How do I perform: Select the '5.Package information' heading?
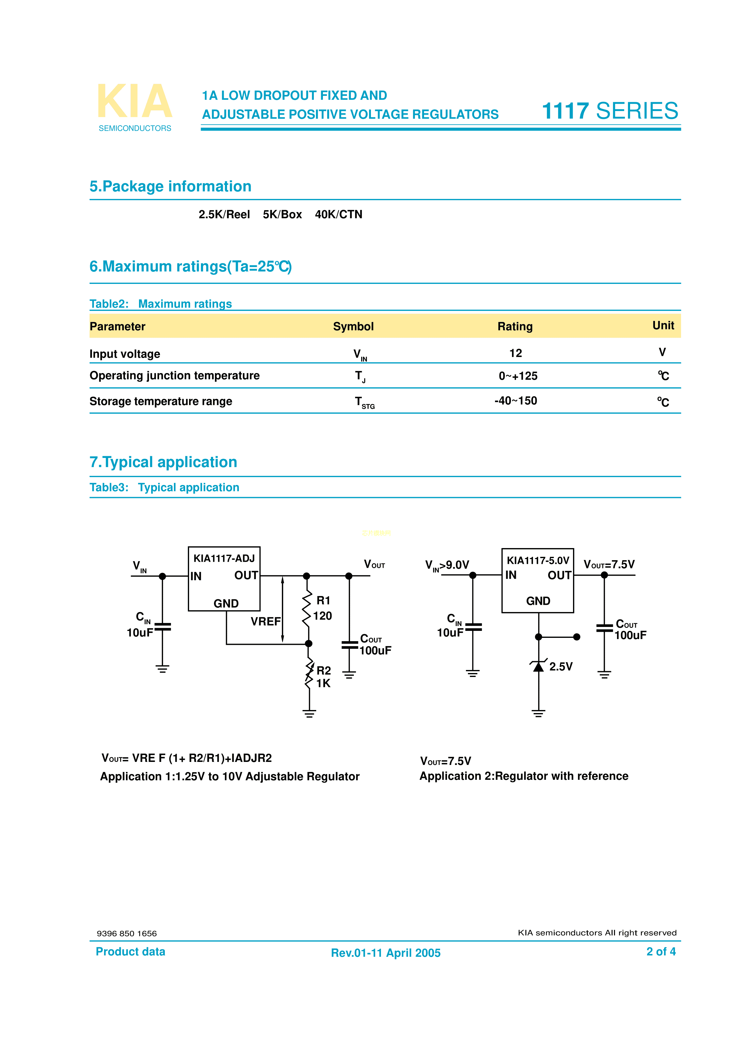(x=170, y=186)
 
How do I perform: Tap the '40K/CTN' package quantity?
(x=338, y=214)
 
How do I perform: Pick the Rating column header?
(x=515, y=327)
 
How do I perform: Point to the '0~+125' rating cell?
(x=518, y=376)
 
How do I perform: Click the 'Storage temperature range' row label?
(x=161, y=401)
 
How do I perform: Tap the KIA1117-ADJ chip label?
(x=224, y=558)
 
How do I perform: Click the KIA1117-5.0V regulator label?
(x=538, y=561)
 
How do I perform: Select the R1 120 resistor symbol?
(x=307, y=608)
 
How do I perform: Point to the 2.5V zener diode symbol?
(x=538, y=666)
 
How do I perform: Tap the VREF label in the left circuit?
(x=265, y=621)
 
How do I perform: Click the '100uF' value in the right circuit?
(x=630, y=635)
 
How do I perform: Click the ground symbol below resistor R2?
(x=309, y=714)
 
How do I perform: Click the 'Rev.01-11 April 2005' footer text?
(x=385, y=953)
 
